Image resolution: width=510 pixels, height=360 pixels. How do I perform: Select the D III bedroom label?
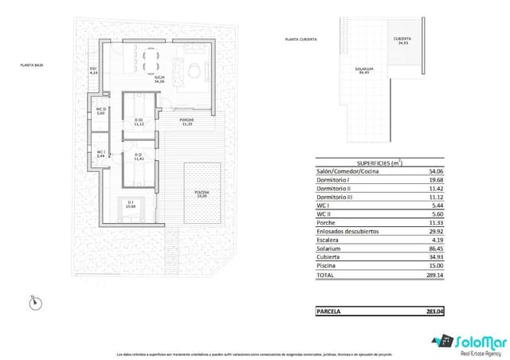tap(139, 122)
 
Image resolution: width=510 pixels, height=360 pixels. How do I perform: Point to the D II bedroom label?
tap(139, 156)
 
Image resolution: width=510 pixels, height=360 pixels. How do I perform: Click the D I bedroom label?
tap(131, 203)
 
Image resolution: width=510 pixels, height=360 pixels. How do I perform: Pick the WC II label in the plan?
tap(100, 111)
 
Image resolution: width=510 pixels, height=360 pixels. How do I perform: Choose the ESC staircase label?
tap(93, 70)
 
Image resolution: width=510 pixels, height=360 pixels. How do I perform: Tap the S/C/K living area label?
tap(159, 79)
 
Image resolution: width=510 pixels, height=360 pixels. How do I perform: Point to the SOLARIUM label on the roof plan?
tap(364, 69)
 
